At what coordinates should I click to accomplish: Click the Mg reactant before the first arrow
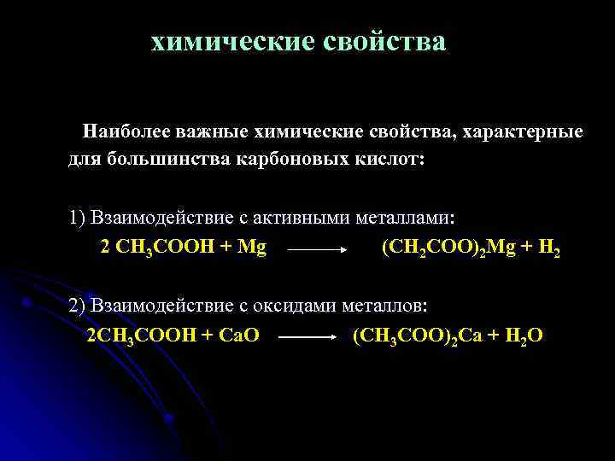click(x=251, y=248)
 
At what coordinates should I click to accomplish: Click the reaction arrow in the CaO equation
click(x=307, y=338)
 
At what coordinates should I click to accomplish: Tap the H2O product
click(x=522, y=336)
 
